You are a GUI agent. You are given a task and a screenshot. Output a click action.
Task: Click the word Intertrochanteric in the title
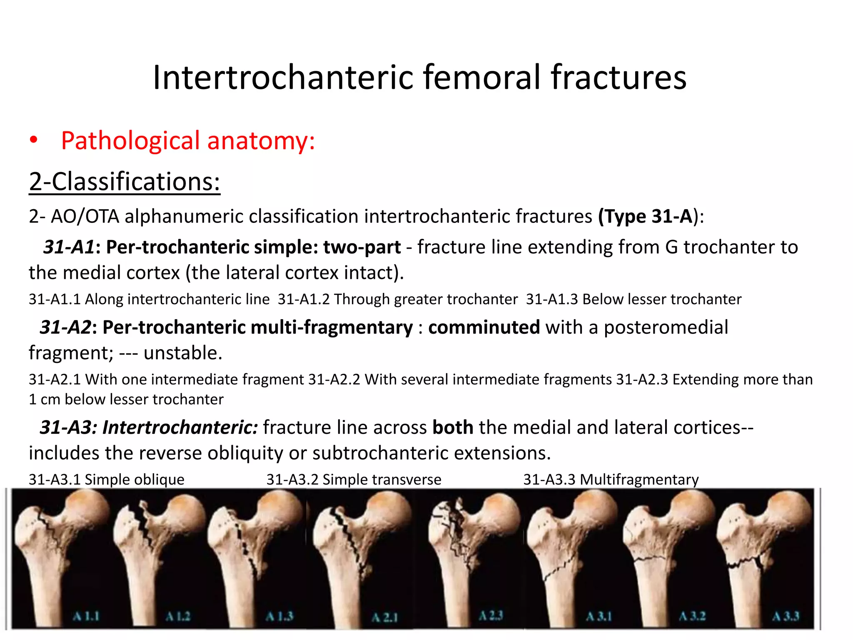[283, 77]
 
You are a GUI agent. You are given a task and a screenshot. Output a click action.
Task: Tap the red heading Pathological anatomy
[188, 141]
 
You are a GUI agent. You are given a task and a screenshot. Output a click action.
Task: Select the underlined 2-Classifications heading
[125, 182]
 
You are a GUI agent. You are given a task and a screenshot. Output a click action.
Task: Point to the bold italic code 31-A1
[69, 247]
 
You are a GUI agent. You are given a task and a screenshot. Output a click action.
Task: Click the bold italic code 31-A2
[66, 327]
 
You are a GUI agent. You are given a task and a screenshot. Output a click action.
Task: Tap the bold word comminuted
[484, 327]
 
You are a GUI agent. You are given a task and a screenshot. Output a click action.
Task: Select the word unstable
[183, 353]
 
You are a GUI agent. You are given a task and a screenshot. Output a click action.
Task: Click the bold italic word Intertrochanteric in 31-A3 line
[180, 427]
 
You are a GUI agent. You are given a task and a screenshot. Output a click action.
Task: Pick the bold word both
[453, 427]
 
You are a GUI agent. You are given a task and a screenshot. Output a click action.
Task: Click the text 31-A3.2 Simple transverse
[354, 480]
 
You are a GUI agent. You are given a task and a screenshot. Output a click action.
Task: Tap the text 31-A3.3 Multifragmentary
[611, 480]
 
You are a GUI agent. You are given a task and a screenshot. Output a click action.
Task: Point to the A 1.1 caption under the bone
[86, 616]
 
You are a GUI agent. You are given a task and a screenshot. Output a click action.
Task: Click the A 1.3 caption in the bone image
[280, 616]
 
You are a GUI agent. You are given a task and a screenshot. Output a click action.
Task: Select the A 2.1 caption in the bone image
[384, 617]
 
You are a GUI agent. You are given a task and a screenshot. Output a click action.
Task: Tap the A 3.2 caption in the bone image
[692, 616]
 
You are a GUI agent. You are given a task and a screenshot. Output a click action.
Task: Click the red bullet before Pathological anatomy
[34, 141]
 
